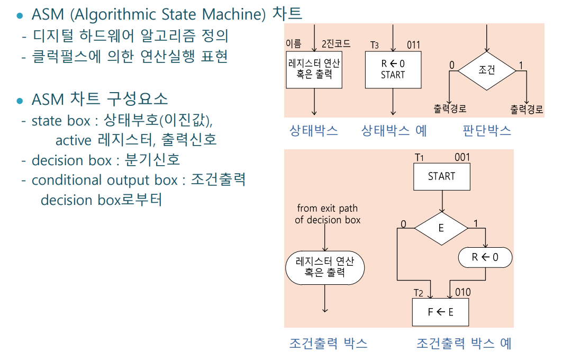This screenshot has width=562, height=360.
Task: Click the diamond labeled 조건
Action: point(486,70)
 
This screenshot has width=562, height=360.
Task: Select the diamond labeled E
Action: point(441,228)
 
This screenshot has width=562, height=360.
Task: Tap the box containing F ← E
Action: point(441,312)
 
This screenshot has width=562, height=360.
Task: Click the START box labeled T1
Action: point(441,176)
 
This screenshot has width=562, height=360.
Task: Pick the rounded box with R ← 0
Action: point(485,258)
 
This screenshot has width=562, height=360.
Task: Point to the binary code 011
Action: point(414,44)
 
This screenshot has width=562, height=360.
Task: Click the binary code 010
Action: point(463,292)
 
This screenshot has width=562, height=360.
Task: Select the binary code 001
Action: point(462,157)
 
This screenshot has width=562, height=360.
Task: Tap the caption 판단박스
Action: point(487,131)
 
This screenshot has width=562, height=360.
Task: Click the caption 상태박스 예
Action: point(394,131)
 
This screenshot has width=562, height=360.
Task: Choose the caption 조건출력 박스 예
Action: point(464,344)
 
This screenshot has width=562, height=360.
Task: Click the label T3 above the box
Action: point(374,45)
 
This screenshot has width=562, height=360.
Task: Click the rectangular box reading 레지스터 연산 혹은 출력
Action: point(314,69)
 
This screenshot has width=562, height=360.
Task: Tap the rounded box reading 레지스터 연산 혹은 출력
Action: point(325,267)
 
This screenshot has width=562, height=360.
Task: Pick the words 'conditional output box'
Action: point(104,180)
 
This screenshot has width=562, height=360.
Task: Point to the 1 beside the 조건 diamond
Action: point(521,66)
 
